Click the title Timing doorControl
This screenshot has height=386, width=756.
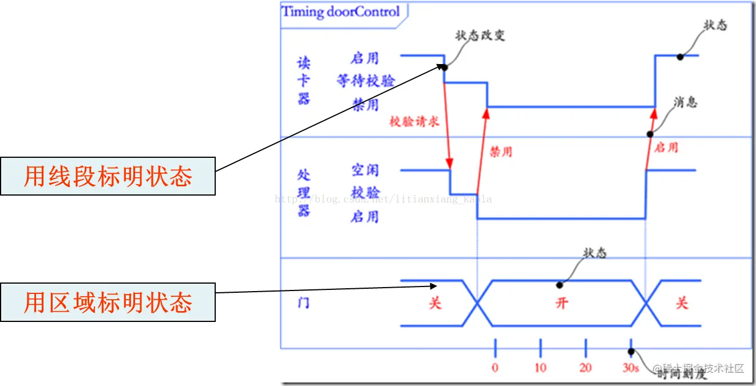(341, 12)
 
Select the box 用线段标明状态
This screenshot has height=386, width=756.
(108, 177)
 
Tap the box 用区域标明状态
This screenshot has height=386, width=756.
(108, 303)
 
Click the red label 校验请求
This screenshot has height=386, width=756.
(414, 121)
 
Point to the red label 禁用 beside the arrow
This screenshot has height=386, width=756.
(501, 152)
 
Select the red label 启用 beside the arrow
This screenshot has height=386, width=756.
(666, 148)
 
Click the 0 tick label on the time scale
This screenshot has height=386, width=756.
(495, 368)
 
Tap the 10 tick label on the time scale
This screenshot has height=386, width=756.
(540, 368)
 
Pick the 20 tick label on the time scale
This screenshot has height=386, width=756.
(585, 368)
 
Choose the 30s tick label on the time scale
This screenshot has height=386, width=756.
(631, 368)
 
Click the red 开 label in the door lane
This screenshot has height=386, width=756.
(561, 303)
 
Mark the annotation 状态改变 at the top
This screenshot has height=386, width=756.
(480, 35)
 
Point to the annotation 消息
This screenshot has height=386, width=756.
(686, 102)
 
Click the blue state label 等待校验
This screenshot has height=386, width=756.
(366, 81)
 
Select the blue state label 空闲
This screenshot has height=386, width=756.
(365, 170)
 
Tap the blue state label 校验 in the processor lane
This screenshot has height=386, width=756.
(365, 192)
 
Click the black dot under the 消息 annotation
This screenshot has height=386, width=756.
(650, 134)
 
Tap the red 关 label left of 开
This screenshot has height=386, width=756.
(436, 303)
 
